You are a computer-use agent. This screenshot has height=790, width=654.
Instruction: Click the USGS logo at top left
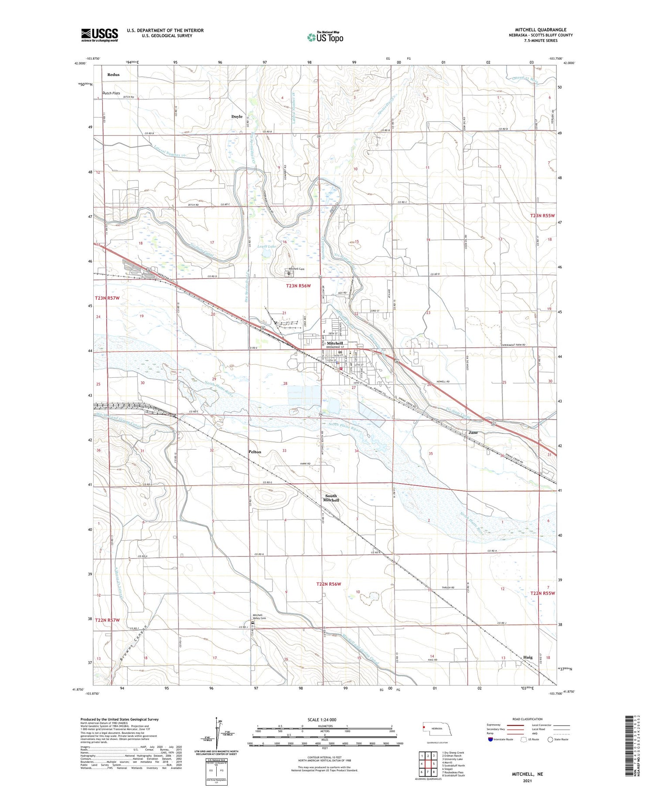[x=99, y=35]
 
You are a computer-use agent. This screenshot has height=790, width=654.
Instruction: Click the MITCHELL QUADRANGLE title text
[x=540, y=30]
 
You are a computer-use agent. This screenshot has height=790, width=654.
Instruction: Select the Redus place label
[x=113, y=75]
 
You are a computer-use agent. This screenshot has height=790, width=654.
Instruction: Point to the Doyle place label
[x=237, y=117]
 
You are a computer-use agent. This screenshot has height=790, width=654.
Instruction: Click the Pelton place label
[x=255, y=452]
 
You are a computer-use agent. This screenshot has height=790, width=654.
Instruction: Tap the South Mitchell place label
[x=331, y=498]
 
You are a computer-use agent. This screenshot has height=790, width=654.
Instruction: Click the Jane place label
[x=473, y=433]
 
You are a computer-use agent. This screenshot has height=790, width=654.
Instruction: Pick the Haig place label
[x=528, y=657]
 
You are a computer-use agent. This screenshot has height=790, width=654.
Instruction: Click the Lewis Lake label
[x=267, y=246]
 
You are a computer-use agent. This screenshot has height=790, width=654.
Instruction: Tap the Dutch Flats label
[x=111, y=93]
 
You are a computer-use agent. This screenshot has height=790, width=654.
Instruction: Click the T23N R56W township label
[x=298, y=286]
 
